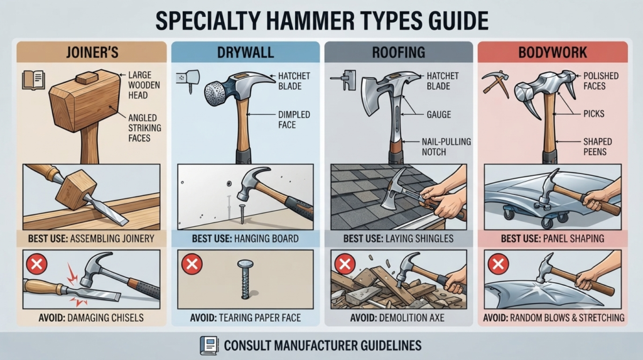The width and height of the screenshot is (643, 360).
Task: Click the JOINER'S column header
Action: (92, 53)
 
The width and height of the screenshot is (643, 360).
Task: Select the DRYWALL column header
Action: (246, 53)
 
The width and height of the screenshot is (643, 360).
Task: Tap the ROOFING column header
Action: (399, 53)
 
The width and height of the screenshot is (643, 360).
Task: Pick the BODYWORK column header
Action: (553, 53)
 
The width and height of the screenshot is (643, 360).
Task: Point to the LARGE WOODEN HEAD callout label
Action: (144, 85)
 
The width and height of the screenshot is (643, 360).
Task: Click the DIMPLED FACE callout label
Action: (294, 119)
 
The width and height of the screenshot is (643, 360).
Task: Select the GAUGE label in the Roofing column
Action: (438, 114)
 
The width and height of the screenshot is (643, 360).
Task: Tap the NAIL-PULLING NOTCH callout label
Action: (446, 146)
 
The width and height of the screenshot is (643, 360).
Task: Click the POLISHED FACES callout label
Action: (601, 81)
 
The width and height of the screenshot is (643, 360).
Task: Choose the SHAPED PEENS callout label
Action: (598, 146)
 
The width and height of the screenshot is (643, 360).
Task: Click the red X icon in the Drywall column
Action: (192, 263)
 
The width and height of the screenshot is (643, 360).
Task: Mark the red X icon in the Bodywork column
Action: (498, 263)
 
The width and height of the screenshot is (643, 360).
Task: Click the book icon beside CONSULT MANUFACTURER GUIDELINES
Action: (209, 345)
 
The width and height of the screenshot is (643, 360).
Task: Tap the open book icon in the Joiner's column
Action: (33, 80)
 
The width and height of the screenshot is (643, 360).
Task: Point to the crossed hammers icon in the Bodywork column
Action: (495, 84)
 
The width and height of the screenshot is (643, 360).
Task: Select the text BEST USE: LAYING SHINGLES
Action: (398, 239)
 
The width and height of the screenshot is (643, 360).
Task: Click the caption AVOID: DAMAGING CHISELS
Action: (91, 318)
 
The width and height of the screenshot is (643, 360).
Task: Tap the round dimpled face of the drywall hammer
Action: (216, 94)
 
